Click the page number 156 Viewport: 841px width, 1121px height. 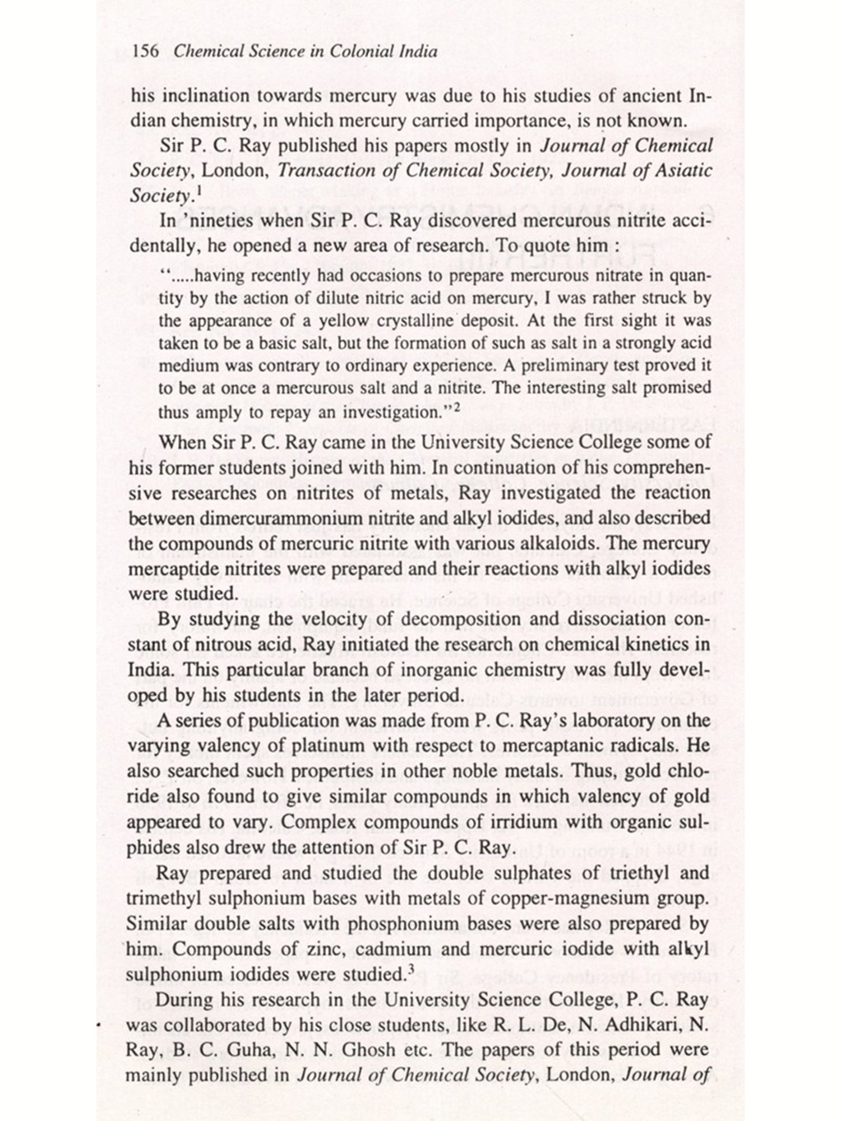click(147, 52)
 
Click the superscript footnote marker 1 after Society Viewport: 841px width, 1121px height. click(199, 191)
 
